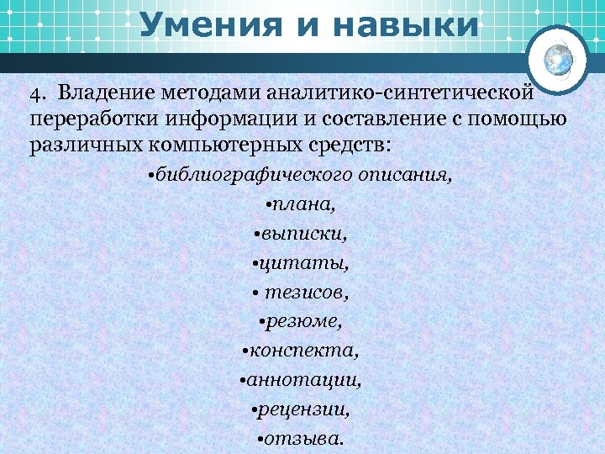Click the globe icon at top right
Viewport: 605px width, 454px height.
559,59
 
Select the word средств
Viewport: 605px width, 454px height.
344,144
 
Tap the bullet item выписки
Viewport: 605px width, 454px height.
301,233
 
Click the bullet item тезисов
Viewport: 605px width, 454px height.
303,293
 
